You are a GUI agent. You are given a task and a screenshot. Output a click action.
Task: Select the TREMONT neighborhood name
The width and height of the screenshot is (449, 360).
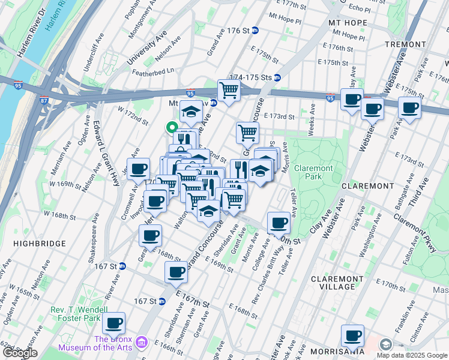pos(406,44)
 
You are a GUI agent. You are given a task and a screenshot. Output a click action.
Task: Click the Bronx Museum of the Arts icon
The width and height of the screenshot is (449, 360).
pos(142,341)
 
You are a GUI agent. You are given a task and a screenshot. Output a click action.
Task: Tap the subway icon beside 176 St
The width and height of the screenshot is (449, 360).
pos(255,31)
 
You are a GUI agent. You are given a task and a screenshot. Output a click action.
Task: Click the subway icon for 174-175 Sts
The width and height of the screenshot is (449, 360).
pos(277,77)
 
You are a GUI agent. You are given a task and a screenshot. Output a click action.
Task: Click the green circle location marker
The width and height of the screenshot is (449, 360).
pos(171,127)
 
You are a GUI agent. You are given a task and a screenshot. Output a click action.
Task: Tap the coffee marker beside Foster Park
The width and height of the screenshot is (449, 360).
pos(113,323)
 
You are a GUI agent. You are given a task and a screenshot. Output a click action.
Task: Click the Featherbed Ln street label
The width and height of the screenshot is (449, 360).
pos(154,70)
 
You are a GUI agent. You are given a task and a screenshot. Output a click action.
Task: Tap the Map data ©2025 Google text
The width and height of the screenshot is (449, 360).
pos(411,355)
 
